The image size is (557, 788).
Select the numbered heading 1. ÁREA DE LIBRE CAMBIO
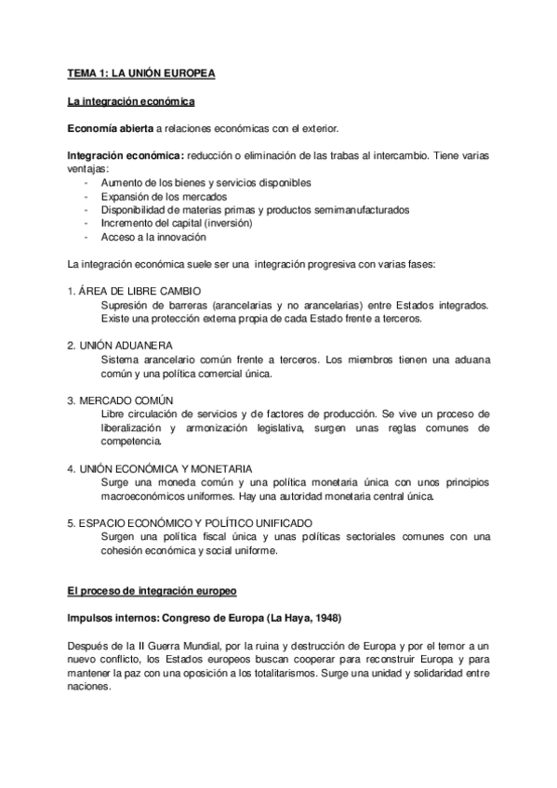click(x=133, y=292)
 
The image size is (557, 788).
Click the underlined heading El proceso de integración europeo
click(x=153, y=590)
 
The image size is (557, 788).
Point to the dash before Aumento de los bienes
click(x=86, y=183)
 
